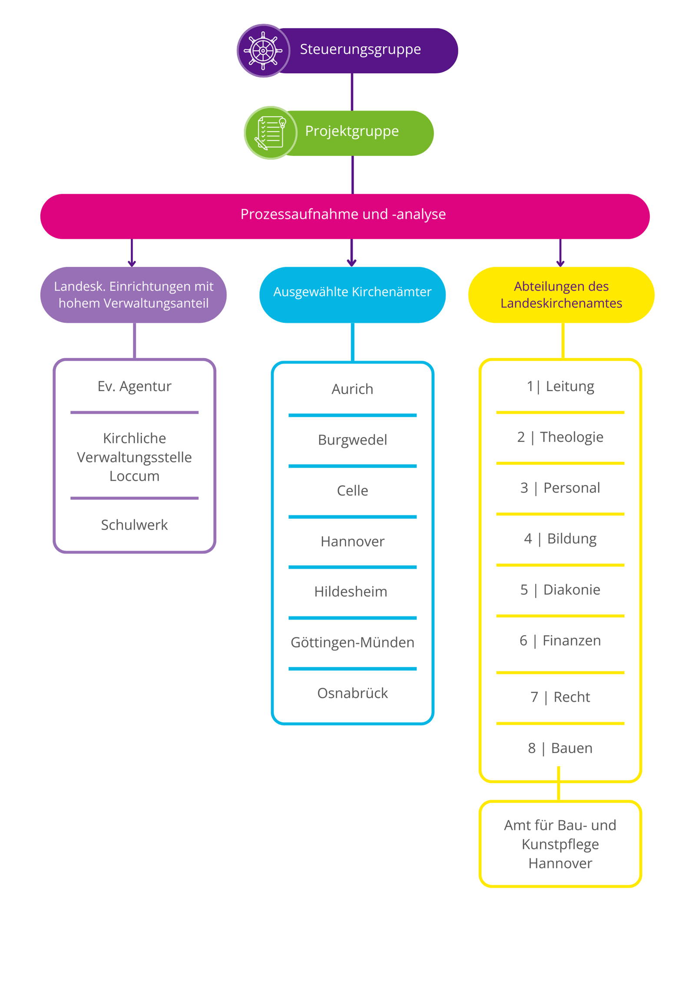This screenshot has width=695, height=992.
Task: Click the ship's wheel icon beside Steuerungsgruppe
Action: [x=263, y=50]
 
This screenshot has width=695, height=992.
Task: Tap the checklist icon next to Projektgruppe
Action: [x=270, y=132]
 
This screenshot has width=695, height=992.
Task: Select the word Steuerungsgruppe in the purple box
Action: [x=360, y=49]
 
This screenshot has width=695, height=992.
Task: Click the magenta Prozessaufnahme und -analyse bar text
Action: [x=343, y=214]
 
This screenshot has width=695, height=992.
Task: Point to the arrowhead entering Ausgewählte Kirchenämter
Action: [x=351, y=263]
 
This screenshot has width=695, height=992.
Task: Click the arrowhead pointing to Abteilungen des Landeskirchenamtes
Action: [x=560, y=263]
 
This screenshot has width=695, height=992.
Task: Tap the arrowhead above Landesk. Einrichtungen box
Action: [x=132, y=263]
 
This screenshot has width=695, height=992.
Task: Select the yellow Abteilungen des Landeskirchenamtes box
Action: [x=561, y=295]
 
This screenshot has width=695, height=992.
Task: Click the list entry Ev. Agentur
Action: [x=134, y=386]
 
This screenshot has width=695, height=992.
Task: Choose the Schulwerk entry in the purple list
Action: [x=134, y=525]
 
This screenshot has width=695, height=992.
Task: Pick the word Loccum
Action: [x=134, y=476]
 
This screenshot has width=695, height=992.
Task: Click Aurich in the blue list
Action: [x=352, y=389]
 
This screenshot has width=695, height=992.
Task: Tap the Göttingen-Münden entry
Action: [x=352, y=642]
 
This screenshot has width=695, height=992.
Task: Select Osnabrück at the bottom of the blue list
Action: [x=352, y=693]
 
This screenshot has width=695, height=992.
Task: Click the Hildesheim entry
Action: [x=351, y=591]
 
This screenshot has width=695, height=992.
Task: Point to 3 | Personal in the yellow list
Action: [x=560, y=488]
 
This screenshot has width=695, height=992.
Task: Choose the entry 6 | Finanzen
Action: [x=560, y=640]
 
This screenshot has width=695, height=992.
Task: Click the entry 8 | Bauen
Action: [x=560, y=748]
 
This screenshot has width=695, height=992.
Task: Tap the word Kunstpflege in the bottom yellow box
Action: [x=560, y=844]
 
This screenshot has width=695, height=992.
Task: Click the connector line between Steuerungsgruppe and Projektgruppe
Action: [x=352, y=92]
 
